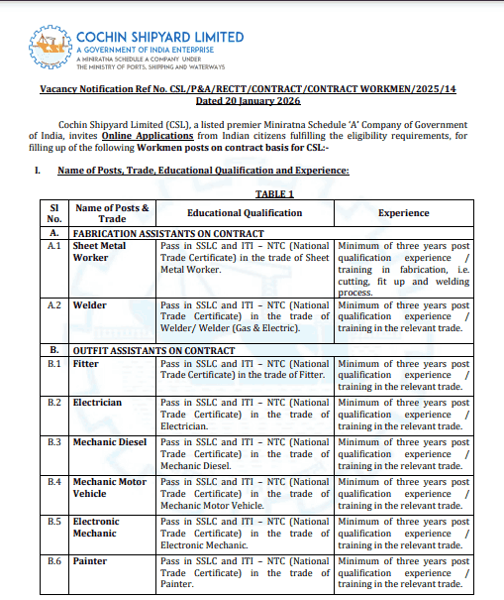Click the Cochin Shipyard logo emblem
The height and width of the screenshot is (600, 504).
point(51,48)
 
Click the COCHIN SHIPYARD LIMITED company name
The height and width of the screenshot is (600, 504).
point(159,37)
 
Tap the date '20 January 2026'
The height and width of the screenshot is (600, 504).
point(252,101)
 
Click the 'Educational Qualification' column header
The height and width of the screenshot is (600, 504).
point(245,212)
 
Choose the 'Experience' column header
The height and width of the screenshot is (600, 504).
point(403,212)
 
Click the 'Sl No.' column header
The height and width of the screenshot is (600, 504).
point(54,212)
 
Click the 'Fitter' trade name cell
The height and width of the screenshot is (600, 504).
point(86,364)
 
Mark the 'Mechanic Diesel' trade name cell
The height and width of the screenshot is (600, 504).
point(110,441)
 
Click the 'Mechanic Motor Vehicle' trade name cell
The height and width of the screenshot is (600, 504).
point(108,487)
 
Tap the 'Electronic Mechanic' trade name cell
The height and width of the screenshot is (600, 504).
point(96,527)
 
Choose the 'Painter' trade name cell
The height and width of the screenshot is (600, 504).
point(90,560)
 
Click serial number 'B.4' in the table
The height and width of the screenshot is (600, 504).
point(54,481)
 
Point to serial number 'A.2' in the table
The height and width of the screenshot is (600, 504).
point(54,305)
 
